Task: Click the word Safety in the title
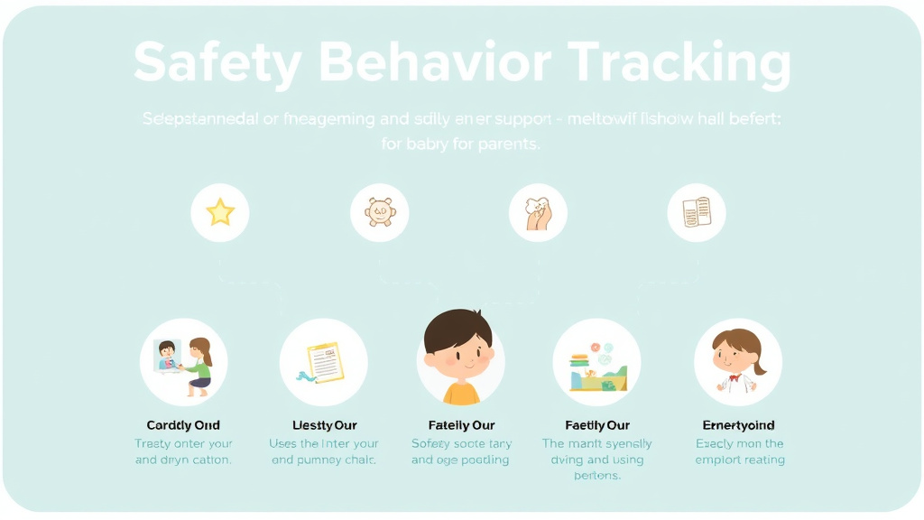pyautogui.click(x=217, y=63)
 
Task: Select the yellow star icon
pyautogui.click(x=220, y=213)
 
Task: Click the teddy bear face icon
pyautogui.click(x=379, y=213)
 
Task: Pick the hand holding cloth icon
pyautogui.click(x=538, y=213)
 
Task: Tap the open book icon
pyautogui.click(x=697, y=213)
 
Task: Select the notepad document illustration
pyautogui.click(x=325, y=362)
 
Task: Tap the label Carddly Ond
pyautogui.click(x=183, y=425)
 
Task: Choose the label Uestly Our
pyautogui.click(x=325, y=425)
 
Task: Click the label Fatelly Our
pyautogui.click(x=461, y=425)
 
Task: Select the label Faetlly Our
pyautogui.click(x=596, y=425)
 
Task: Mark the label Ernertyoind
pyautogui.click(x=738, y=425)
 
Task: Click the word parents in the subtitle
pyautogui.click(x=508, y=144)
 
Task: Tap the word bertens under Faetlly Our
pyautogui.click(x=596, y=476)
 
